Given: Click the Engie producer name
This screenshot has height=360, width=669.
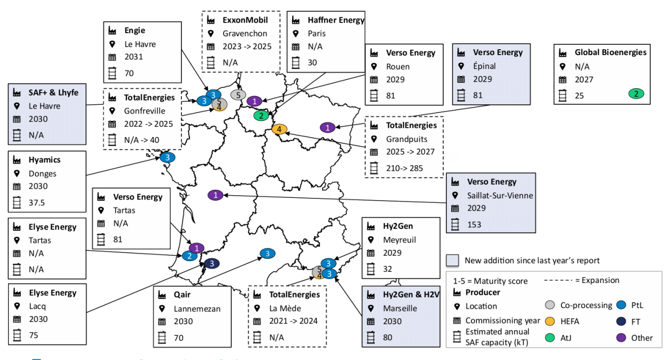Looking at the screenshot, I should coord(134,30).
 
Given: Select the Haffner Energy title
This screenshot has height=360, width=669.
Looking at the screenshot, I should coord(336,20).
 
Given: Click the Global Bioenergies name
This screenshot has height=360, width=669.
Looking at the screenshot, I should coord(610,52).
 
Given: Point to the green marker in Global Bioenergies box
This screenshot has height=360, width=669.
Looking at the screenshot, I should coord(636,94).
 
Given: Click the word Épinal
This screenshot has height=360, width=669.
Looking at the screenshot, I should coord(484,66).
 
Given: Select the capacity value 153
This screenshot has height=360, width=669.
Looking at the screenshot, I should coord(474,224).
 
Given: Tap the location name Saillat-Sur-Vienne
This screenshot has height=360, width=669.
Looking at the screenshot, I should coord(500,195).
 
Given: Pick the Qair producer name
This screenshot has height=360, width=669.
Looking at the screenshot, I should coord(182,294).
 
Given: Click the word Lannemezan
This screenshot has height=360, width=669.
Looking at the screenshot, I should coord(196,309).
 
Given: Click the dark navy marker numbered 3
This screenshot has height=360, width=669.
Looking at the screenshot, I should coord(212,263).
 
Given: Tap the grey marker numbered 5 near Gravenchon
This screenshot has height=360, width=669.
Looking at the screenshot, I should coord(238,95).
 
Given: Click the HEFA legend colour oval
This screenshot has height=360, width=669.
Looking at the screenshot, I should coord(550,321).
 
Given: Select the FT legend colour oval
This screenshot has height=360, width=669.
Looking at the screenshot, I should coord(621,321).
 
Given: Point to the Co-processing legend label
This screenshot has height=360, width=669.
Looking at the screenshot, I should coord(586,305).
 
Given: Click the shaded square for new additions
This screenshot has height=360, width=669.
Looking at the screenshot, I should coord(453,261).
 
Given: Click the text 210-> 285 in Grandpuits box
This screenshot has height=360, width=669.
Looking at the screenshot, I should coord(404,168).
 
